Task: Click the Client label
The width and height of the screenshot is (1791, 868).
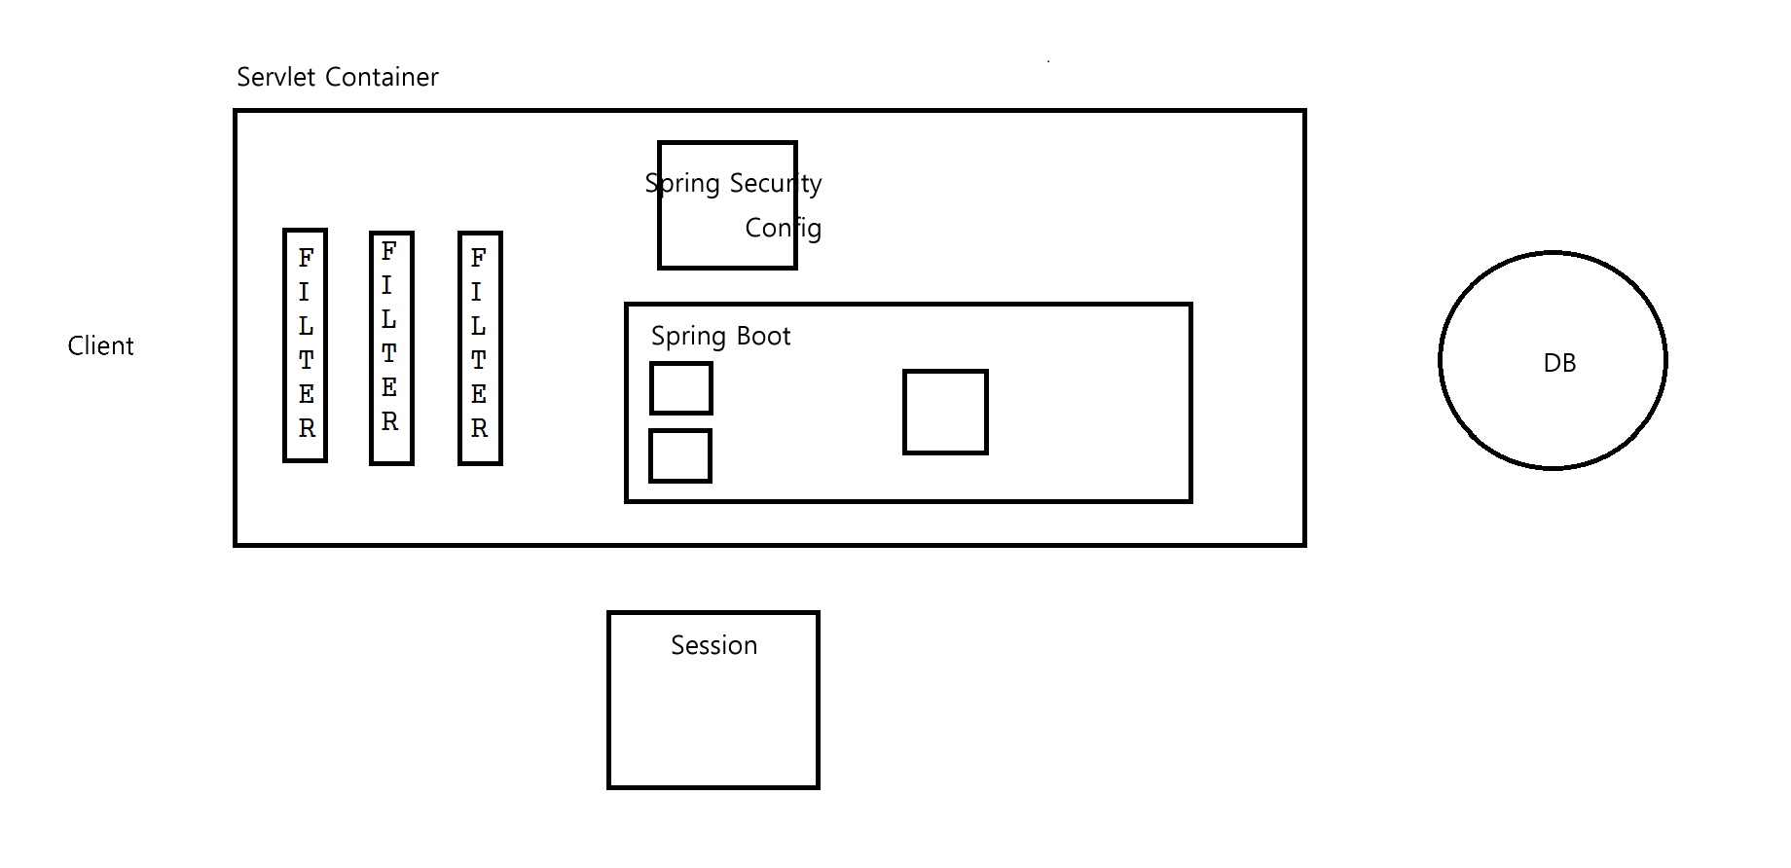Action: [x=100, y=346]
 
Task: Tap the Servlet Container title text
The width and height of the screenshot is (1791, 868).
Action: [x=337, y=78]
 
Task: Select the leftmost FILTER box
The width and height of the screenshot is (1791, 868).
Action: [x=305, y=345]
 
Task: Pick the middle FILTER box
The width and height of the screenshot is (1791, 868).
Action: [x=391, y=348]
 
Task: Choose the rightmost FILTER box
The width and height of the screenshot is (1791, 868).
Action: [x=480, y=348]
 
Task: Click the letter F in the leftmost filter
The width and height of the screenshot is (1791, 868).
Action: [x=306, y=258]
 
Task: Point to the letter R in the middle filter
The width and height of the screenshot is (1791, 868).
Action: [x=389, y=422]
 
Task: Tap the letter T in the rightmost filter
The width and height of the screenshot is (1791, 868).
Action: [x=478, y=360]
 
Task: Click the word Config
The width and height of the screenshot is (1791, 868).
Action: [x=783, y=229]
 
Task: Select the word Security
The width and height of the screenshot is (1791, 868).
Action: [x=775, y=183]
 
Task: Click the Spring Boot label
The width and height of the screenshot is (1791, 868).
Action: [x=720, y=337]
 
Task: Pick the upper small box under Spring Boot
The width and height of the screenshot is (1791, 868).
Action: [x=681, y=388]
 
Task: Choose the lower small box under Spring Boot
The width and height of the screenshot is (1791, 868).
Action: [x=680, y=455]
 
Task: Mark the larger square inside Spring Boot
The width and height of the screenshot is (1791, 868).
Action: [x=945, y=412]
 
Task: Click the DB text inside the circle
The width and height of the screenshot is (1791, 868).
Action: [x=1558, y=363]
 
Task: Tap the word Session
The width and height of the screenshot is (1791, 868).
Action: [x=713, y=646]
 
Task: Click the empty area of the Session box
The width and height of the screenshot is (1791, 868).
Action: [x=713, y=730]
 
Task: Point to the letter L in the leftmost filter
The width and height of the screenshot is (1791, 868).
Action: [x=306, y=326]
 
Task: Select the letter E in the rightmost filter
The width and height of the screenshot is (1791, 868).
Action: [x=479, y=394]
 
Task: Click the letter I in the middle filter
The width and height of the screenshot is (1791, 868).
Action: [x=387, y=285]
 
